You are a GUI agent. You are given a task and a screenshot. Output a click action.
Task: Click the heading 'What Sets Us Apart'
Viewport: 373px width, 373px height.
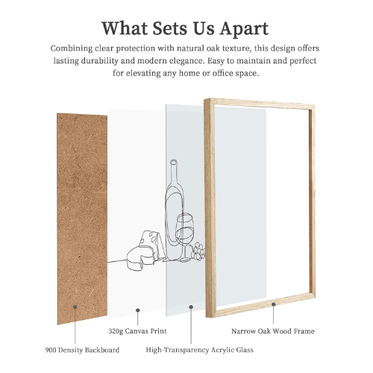(186, 28)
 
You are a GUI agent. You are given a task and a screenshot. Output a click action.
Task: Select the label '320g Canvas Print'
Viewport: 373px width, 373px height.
(132, 330)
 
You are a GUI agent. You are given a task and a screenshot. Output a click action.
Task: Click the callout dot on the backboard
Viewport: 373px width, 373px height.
(75, 305)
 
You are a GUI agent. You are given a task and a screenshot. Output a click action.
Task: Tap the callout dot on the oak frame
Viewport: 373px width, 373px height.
(274, 304)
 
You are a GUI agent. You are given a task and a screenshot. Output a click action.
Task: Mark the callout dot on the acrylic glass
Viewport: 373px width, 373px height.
(192, 305)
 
